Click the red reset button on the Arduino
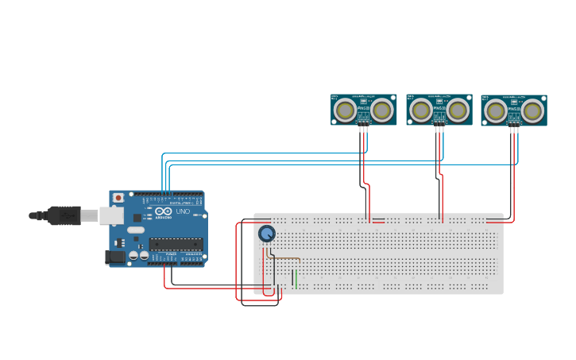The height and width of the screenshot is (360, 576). pyautogui.click(x=118, y=197)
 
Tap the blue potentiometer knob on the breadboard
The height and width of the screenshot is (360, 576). pyautogui.click(x=267, y=233)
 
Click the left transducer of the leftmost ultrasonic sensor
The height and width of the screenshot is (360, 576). pyautogui.click(x=346, y=110)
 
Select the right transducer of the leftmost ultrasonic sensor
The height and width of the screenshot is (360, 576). pyautogui.click(x=382, y=110)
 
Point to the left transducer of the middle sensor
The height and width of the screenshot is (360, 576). pyautogui.click(x=421, y=110)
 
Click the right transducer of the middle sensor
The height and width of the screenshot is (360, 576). pyautogui.click(x=458, y=110)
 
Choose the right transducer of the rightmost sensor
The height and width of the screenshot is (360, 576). pyautogui.click(x=532, y=110)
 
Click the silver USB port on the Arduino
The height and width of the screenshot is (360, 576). pyautogui.click(x=111, y=215)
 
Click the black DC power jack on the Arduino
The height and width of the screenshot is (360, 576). pyautogui.click(x=115, y=257)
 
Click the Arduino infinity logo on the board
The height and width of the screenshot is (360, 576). pyautogui.click(x=162, y=211)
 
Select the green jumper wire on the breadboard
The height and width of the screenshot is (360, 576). pyautogui.click(x=296, y=278)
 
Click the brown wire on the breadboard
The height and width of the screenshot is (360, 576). pyautogui.click(x=286, y=257)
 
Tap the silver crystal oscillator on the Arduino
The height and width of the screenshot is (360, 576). pyautogui.click(x=136, y=230)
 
